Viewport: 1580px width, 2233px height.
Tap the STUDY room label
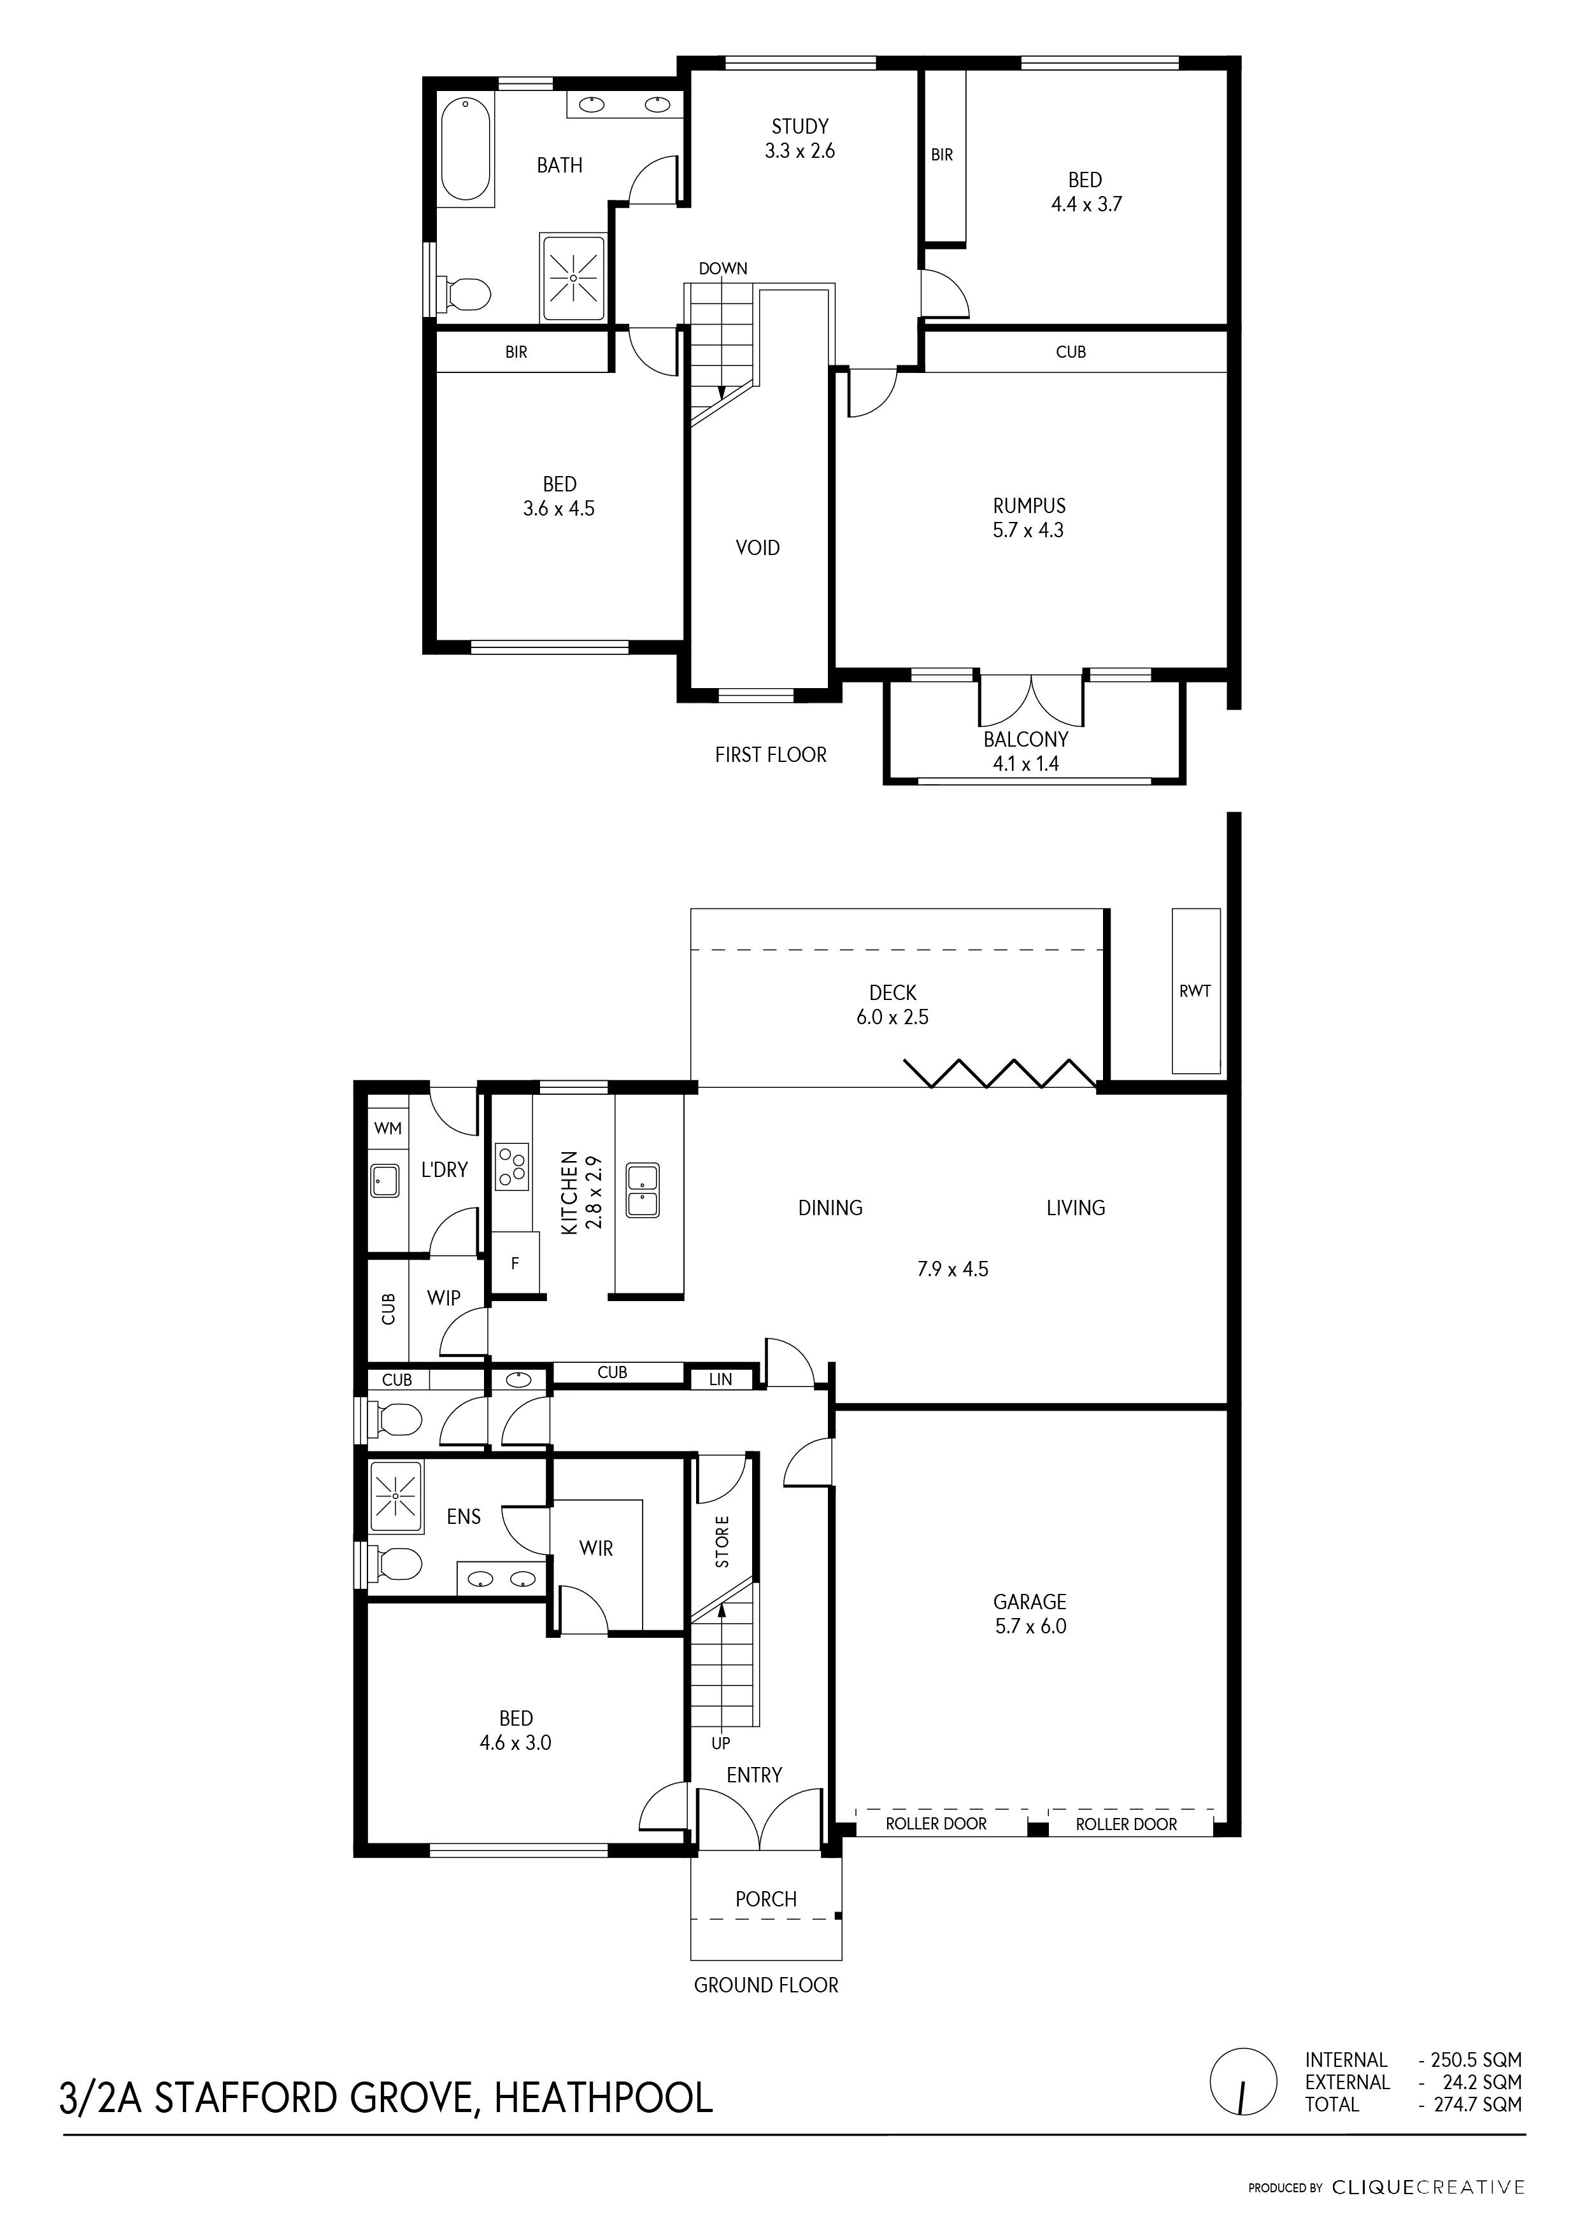(x=800, y=127)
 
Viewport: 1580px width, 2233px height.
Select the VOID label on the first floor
(x=758, y=547)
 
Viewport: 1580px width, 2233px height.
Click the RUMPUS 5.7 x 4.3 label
(x=1028, y=518)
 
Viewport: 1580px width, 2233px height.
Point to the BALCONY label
(x=1025, y=739)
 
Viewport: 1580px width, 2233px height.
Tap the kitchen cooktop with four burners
(x=513, y=1166)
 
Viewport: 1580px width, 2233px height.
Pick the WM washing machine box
(x=388, y=1128)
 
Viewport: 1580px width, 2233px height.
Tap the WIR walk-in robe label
(x=596, y=1547)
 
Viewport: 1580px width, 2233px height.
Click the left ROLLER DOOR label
(x=936, y=1824)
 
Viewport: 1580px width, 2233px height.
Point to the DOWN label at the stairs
(x=723, y=269)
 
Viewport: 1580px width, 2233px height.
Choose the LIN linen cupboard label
(x=721, y=1379)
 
